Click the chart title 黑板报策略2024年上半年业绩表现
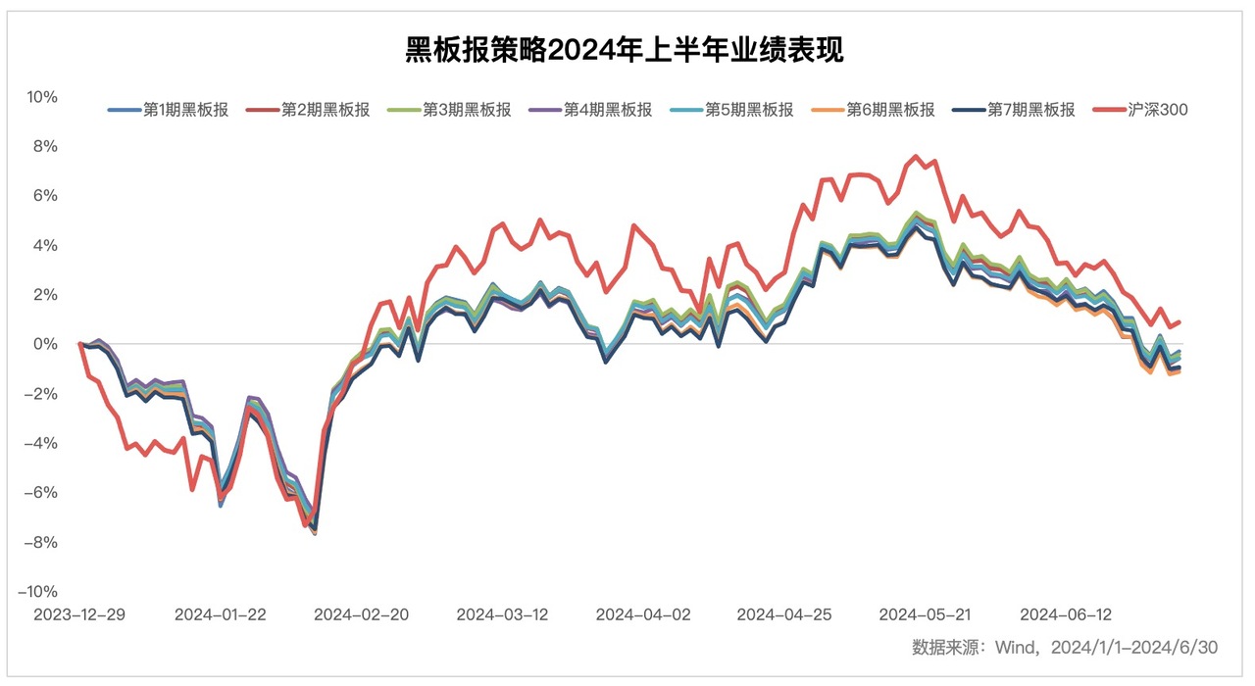point(625,49)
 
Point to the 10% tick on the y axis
point(42,97)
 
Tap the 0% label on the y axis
point(47,344)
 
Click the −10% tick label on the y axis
point(38,592)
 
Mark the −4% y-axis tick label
point(43,443)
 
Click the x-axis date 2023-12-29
point(79,614)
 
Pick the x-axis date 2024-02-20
point(361,614)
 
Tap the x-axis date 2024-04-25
point(784,614)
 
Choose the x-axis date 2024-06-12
point(1066,614)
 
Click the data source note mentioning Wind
point(1064,647)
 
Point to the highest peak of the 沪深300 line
point(916,156)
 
